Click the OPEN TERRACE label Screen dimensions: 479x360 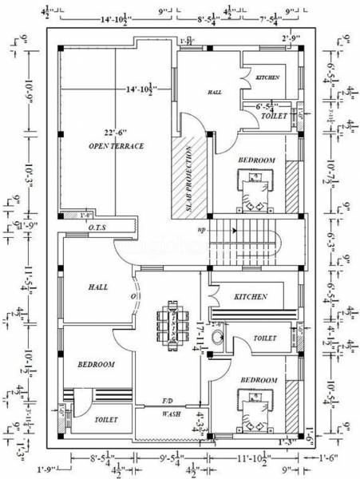pos(116,146)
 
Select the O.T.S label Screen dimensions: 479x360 pos(99,228)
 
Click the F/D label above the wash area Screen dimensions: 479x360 pos(168,400)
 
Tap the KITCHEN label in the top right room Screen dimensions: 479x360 pos(267,77)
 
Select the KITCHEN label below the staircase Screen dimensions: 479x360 pos(251,296)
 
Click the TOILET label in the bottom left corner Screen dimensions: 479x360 pos(106,419)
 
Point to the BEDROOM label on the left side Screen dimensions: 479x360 pos(96,364)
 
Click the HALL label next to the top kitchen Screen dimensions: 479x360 pos(215,93)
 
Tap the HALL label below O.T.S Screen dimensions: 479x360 pos(98,287)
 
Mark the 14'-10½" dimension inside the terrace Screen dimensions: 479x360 pos(141,89)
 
